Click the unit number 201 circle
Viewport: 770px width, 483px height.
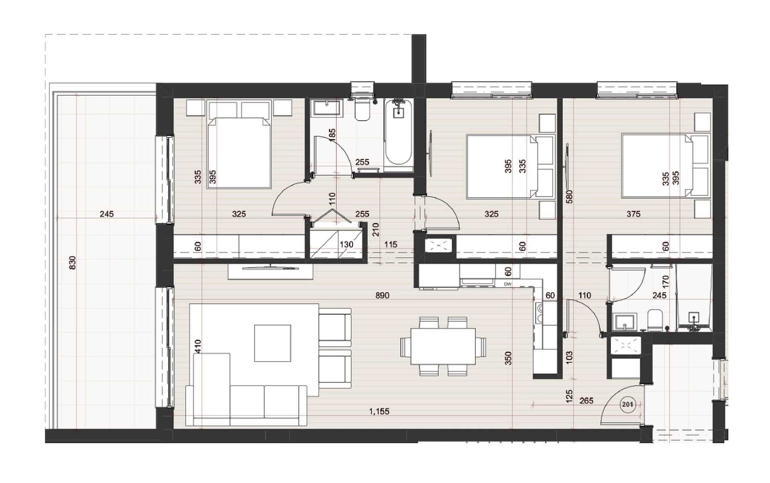click(x=627, y=404)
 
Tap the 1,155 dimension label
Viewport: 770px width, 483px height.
click(x=379, y=411)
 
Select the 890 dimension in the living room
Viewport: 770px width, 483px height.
click(x=382, y=295)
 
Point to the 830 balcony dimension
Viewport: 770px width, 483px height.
click(x=72, y=263)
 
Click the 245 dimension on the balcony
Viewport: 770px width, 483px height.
click(x=107, y=214)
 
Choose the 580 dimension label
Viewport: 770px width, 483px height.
click(x=569, y=197)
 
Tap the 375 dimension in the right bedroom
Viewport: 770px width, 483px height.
click(x=633, y=214)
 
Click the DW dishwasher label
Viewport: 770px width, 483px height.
click(x=508, y=284)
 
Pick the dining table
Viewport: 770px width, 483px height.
click(x=443, y=346)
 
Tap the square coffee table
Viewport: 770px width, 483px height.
click(x=273, y=343)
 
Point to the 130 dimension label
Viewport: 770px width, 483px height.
click(x=346, y=244)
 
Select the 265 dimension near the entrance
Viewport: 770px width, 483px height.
click(x=586, y=400)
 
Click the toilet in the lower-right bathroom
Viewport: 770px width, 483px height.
click(x=654, y=320)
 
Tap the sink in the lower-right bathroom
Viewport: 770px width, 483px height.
click(x=624, y=322)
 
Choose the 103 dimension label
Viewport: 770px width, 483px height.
click(x=569, y=358)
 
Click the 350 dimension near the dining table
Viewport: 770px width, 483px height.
click(x=508, y=358)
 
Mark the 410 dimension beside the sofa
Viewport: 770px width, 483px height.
click(x=197, y=346)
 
